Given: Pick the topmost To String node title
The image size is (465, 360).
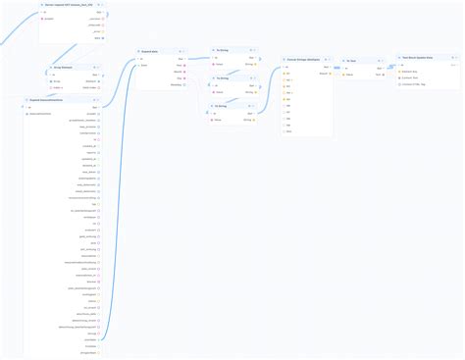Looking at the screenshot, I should (223, 50).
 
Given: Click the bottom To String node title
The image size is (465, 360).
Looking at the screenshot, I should (223, 106).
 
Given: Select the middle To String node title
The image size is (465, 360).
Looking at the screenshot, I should (223, 78).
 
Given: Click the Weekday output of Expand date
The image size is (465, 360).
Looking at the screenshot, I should (180, 84).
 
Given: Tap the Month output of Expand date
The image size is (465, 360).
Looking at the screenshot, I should (180, 72).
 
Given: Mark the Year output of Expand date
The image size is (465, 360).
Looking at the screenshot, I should (180, 66).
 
